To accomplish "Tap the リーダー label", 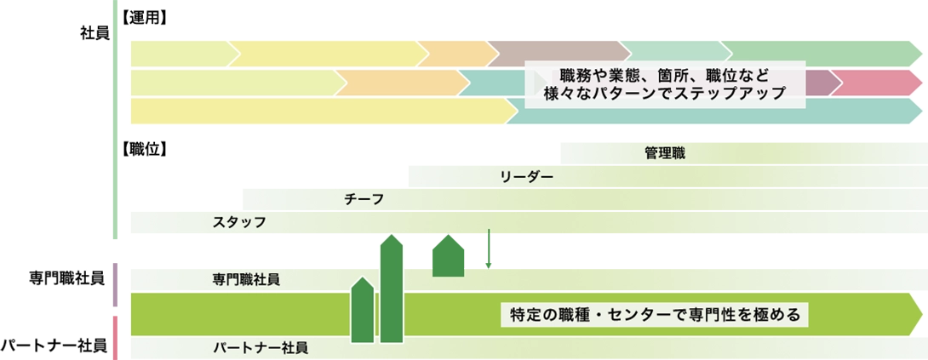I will coord(527,177).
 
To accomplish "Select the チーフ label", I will coord(364,199).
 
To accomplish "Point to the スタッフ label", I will coord(239,222).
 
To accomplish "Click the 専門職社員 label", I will coord(246,279).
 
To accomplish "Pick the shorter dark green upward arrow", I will coord(362,311).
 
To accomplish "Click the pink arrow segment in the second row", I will coord(877,83).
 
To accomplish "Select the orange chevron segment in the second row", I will coord(400,83).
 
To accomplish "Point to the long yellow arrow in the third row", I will coord(324,111).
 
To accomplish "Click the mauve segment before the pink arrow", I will coord(820,83).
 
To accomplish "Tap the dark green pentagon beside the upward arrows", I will coord(447,254).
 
